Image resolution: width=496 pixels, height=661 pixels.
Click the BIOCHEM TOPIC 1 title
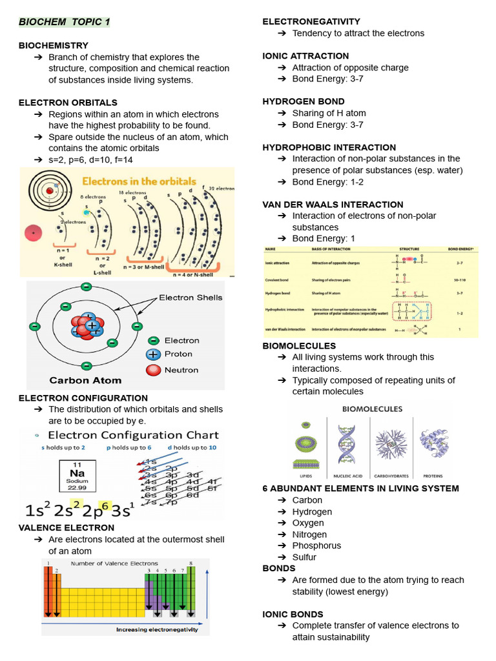[x=65, y=22]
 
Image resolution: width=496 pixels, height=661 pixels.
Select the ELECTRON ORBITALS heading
[x=68, y=103]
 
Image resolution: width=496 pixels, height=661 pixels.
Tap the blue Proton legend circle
[x=153, y=354]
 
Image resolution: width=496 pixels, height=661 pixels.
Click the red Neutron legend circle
[x=153, y=370]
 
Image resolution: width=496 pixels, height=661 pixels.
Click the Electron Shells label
[x=191, y=298]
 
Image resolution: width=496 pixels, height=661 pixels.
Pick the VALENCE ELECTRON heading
[x=67, y=527]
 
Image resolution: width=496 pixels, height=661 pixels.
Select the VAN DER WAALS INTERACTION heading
[x=333, y=205]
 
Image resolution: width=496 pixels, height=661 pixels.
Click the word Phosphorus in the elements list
[x=316, y=545]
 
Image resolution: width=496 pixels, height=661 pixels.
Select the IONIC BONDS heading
[x=293, y=614]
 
